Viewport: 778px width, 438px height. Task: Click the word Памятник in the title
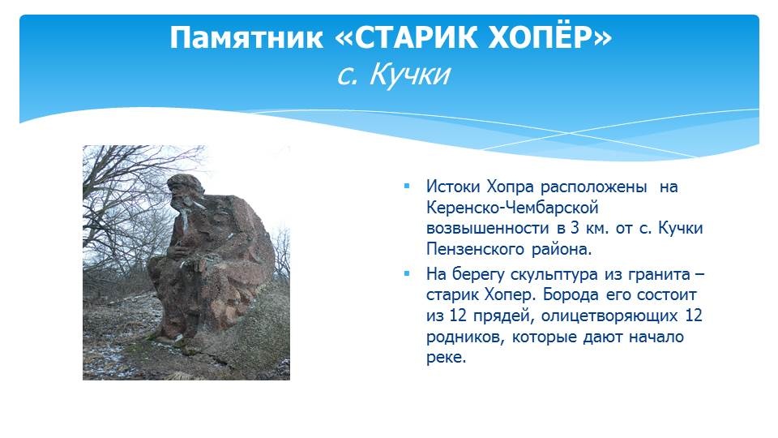tap(246, 38)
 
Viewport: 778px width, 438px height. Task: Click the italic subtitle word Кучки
tap(410, 75)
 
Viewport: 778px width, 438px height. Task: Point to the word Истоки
tap(453, 187)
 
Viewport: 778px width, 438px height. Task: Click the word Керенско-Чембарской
tap(512, 208)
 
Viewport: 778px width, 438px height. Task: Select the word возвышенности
tap(487, 229)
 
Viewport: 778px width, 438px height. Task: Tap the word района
tap(562, 249)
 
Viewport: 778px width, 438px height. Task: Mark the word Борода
tap(571, 295)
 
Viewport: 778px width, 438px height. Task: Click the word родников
tap(465, 337)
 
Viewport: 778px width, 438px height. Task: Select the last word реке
tap(446, 358)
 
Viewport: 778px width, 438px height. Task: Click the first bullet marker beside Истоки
tap(407, 187)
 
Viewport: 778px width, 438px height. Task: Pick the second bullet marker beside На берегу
tap(407, 273)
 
